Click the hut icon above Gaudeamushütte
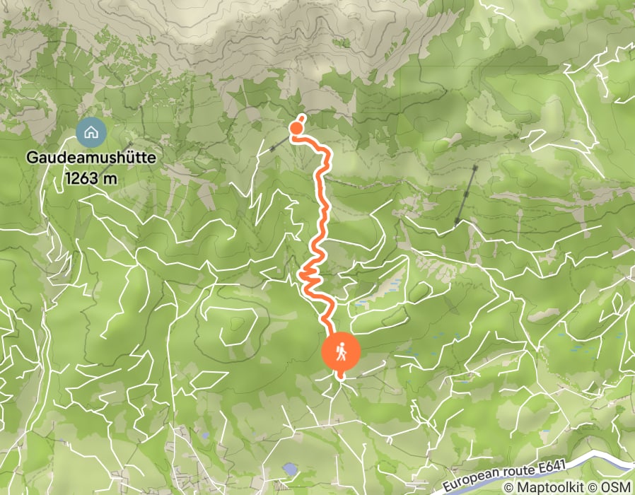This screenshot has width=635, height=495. coord(91,132)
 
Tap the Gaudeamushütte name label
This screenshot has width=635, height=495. coord(91,158)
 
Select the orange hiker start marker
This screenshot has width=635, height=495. coord(342,351)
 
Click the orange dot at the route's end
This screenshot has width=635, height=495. coord(296,127)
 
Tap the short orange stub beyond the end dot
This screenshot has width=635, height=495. coord(302,117)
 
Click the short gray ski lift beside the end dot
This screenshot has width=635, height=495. coord(279,145)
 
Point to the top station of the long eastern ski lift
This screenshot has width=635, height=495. coord(474,168)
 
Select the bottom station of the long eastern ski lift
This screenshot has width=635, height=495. coord(458,223)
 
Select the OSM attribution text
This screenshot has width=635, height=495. coord(618,487)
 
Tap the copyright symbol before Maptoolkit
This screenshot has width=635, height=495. coord(508,487)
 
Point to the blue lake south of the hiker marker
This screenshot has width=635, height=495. coord(289,469)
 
